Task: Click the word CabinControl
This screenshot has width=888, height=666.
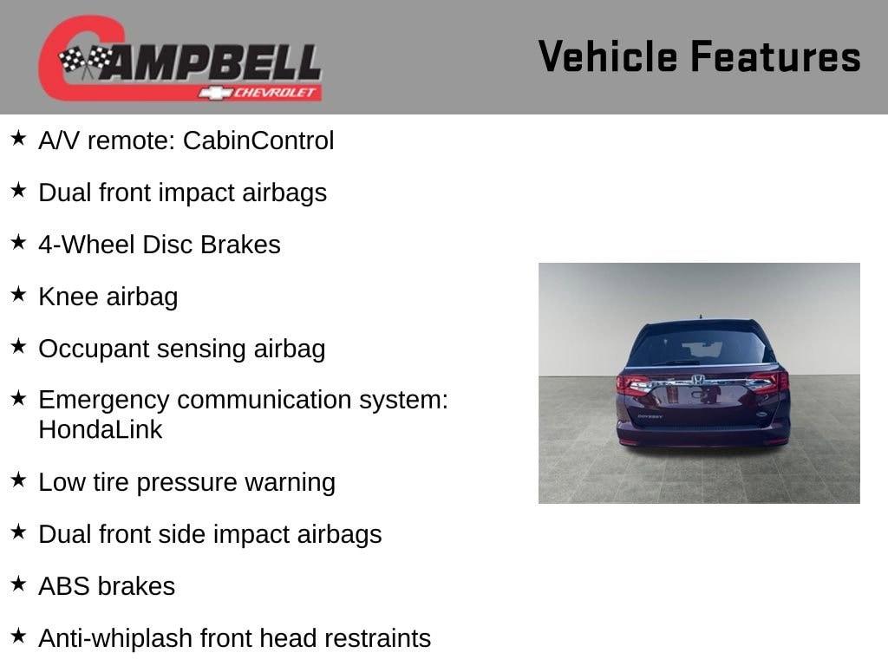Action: pos(258,140)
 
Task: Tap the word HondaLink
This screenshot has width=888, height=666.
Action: pos(101,429)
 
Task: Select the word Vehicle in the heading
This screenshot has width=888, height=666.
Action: pos(608,56)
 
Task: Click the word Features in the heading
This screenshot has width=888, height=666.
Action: pos(775,56)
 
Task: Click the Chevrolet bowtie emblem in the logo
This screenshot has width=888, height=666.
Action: pos(215,93)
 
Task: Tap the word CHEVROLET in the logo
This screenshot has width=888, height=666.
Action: pos(274,93)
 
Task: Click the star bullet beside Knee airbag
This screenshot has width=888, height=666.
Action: pos(19,294)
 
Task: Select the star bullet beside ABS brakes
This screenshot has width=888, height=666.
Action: pos(19,584)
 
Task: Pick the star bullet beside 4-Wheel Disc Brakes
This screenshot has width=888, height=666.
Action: pos(19,242)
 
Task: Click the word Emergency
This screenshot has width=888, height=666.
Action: pos(104,401)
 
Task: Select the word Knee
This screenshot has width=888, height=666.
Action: pos(68,297)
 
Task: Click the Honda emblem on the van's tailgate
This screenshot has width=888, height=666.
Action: pos(698,380)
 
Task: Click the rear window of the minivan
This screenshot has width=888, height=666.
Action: pos(701,345)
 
